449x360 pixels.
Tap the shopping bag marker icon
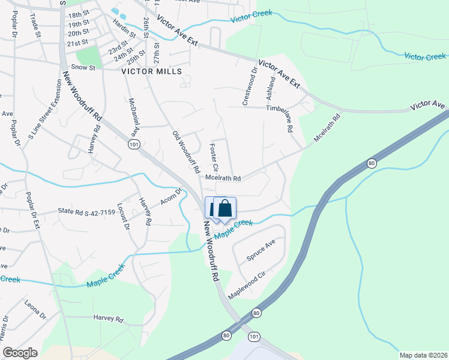225,209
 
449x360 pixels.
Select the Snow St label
83,68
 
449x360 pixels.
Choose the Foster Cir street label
213,157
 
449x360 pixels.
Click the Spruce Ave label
261,251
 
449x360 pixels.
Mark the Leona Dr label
35,310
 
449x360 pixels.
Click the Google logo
20,353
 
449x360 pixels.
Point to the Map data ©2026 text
423,355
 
